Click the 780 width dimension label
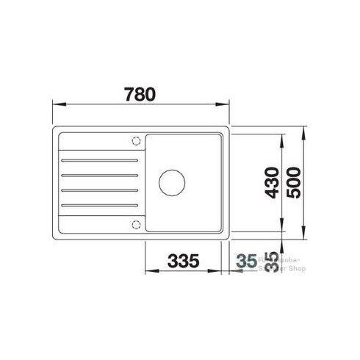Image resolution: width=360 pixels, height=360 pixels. click(140, 94)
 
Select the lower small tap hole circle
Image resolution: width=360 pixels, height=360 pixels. click(134, 223)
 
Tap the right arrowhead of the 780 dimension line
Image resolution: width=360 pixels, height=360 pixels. click(226, 104)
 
